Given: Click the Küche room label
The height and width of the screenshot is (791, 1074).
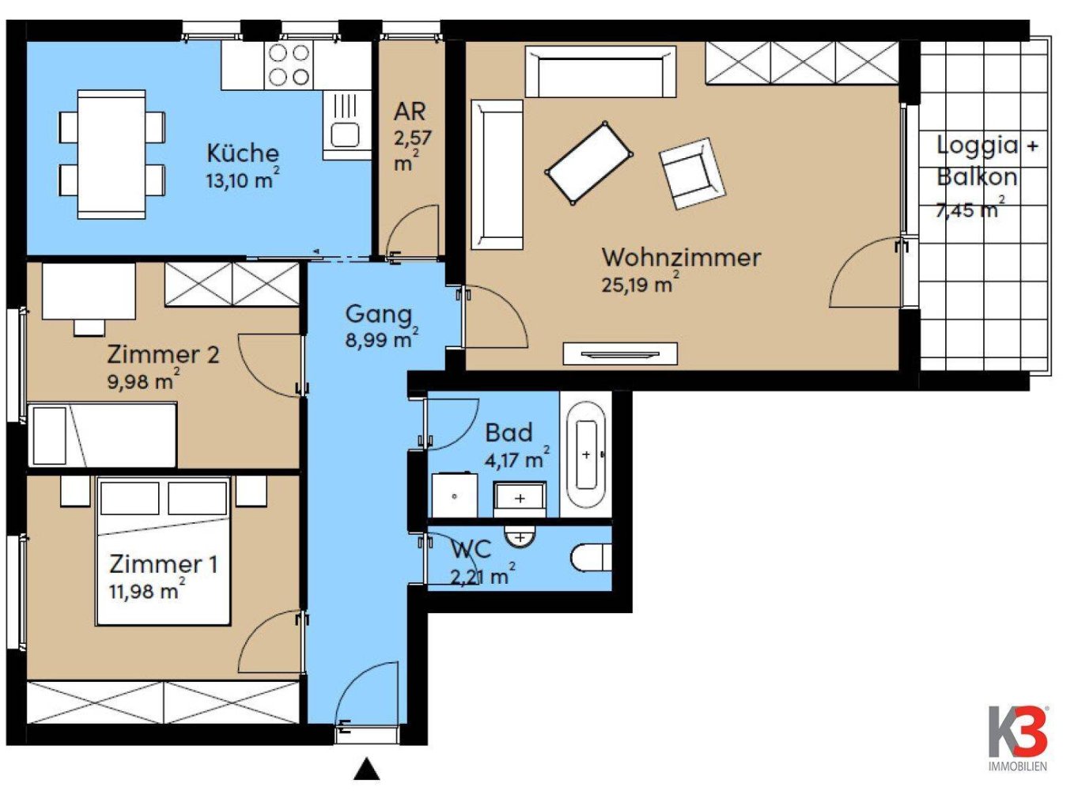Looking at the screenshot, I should pyautogui.click(x=243, y=153).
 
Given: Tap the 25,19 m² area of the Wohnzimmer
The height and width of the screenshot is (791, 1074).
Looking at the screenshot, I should pyautogui.click(x=640, y=284).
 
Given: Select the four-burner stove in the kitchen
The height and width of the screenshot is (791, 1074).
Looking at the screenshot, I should pyautogui.click(x=289, y=65).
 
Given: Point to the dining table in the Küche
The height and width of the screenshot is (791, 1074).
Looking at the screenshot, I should pyautogui.click(x=112, y=153).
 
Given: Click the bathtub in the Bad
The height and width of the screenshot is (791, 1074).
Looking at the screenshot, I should pyautogui.click(x=586, y=455).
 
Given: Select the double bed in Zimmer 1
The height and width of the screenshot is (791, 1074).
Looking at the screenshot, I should pyautogui.click(x=164, y=551).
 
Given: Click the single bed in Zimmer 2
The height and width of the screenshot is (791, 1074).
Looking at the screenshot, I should pyautogui.click(x=101, y=435).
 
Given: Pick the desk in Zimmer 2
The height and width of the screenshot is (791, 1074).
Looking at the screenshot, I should pyautogui.click(x=88, y=291).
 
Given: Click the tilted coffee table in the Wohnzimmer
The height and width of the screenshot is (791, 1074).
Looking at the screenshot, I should pyautogui.click(x=589, y=162).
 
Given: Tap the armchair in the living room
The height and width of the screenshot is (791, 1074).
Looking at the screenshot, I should pyautogui.click(x=692, y=173).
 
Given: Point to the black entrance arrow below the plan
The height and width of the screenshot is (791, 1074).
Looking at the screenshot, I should pyautogui.click(x=366, y=770).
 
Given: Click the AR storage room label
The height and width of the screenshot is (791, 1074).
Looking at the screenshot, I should pyautogui.click(x=410, y=112).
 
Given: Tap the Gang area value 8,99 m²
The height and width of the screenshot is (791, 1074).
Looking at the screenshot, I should pyautogui.click(x=381, y=340).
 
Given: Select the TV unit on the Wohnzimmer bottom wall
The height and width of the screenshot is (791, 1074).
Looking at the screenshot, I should pyautogui.click(x=620, y=354).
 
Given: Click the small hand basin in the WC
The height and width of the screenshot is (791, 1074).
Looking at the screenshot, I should pyautogui.click(x=520, y=537).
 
